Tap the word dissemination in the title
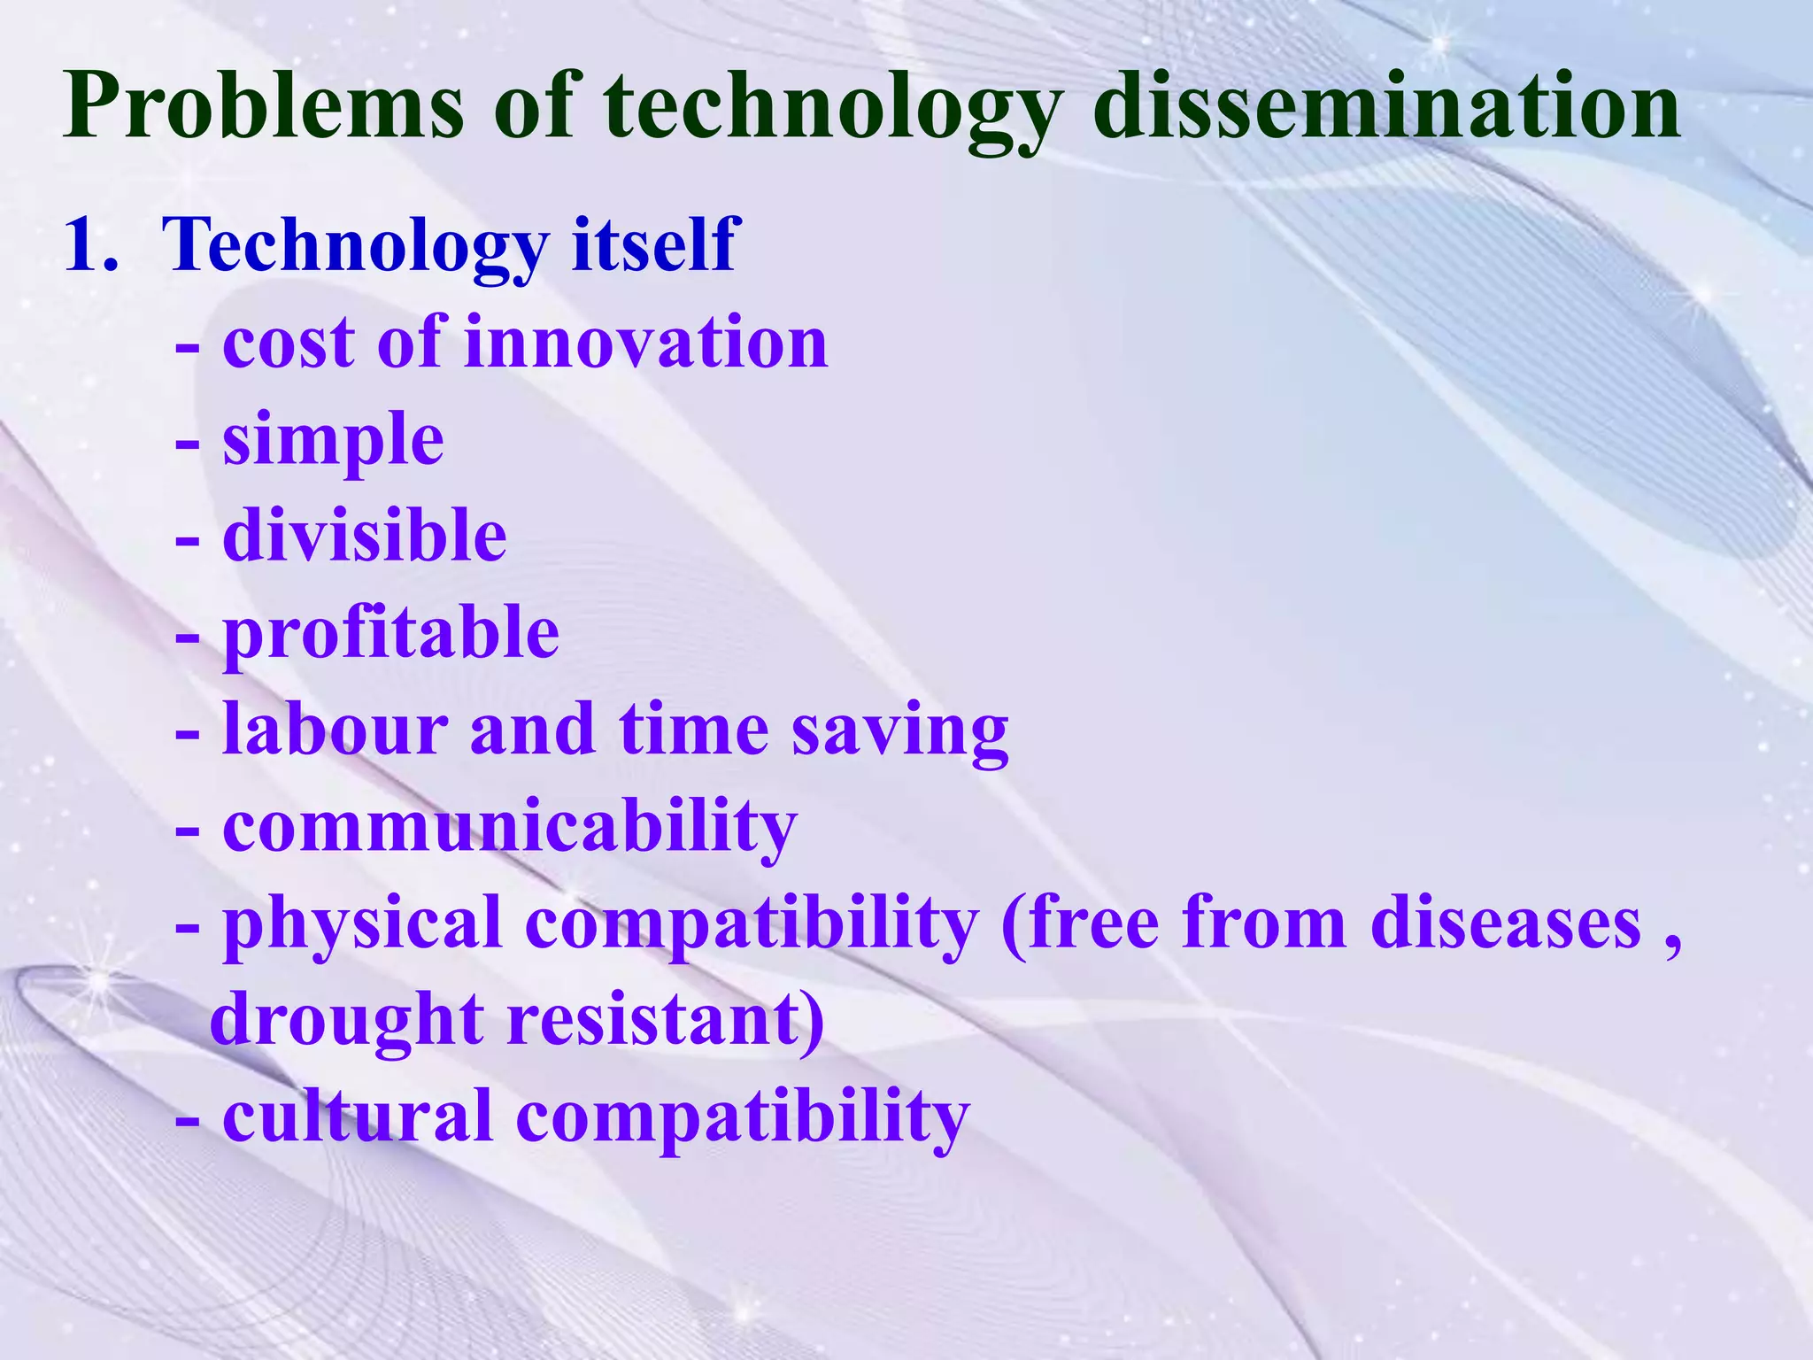(x=1386, y=108)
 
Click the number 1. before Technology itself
(x=91, y=245)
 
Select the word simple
(x=333, y=440)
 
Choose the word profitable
(x=390, y=633)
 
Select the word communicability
(x=510, y=827)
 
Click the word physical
(x=362, y=924)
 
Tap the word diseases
(x=1505, y=924)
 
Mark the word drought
(x=346, y=1021)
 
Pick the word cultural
(x=357, y=1116)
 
